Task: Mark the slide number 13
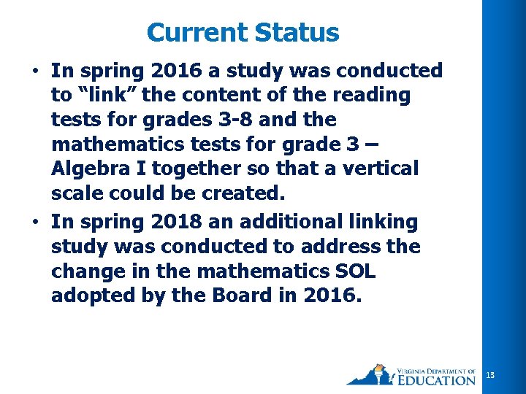(x=490, y=375)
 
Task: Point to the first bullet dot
(x=35, y=71)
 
